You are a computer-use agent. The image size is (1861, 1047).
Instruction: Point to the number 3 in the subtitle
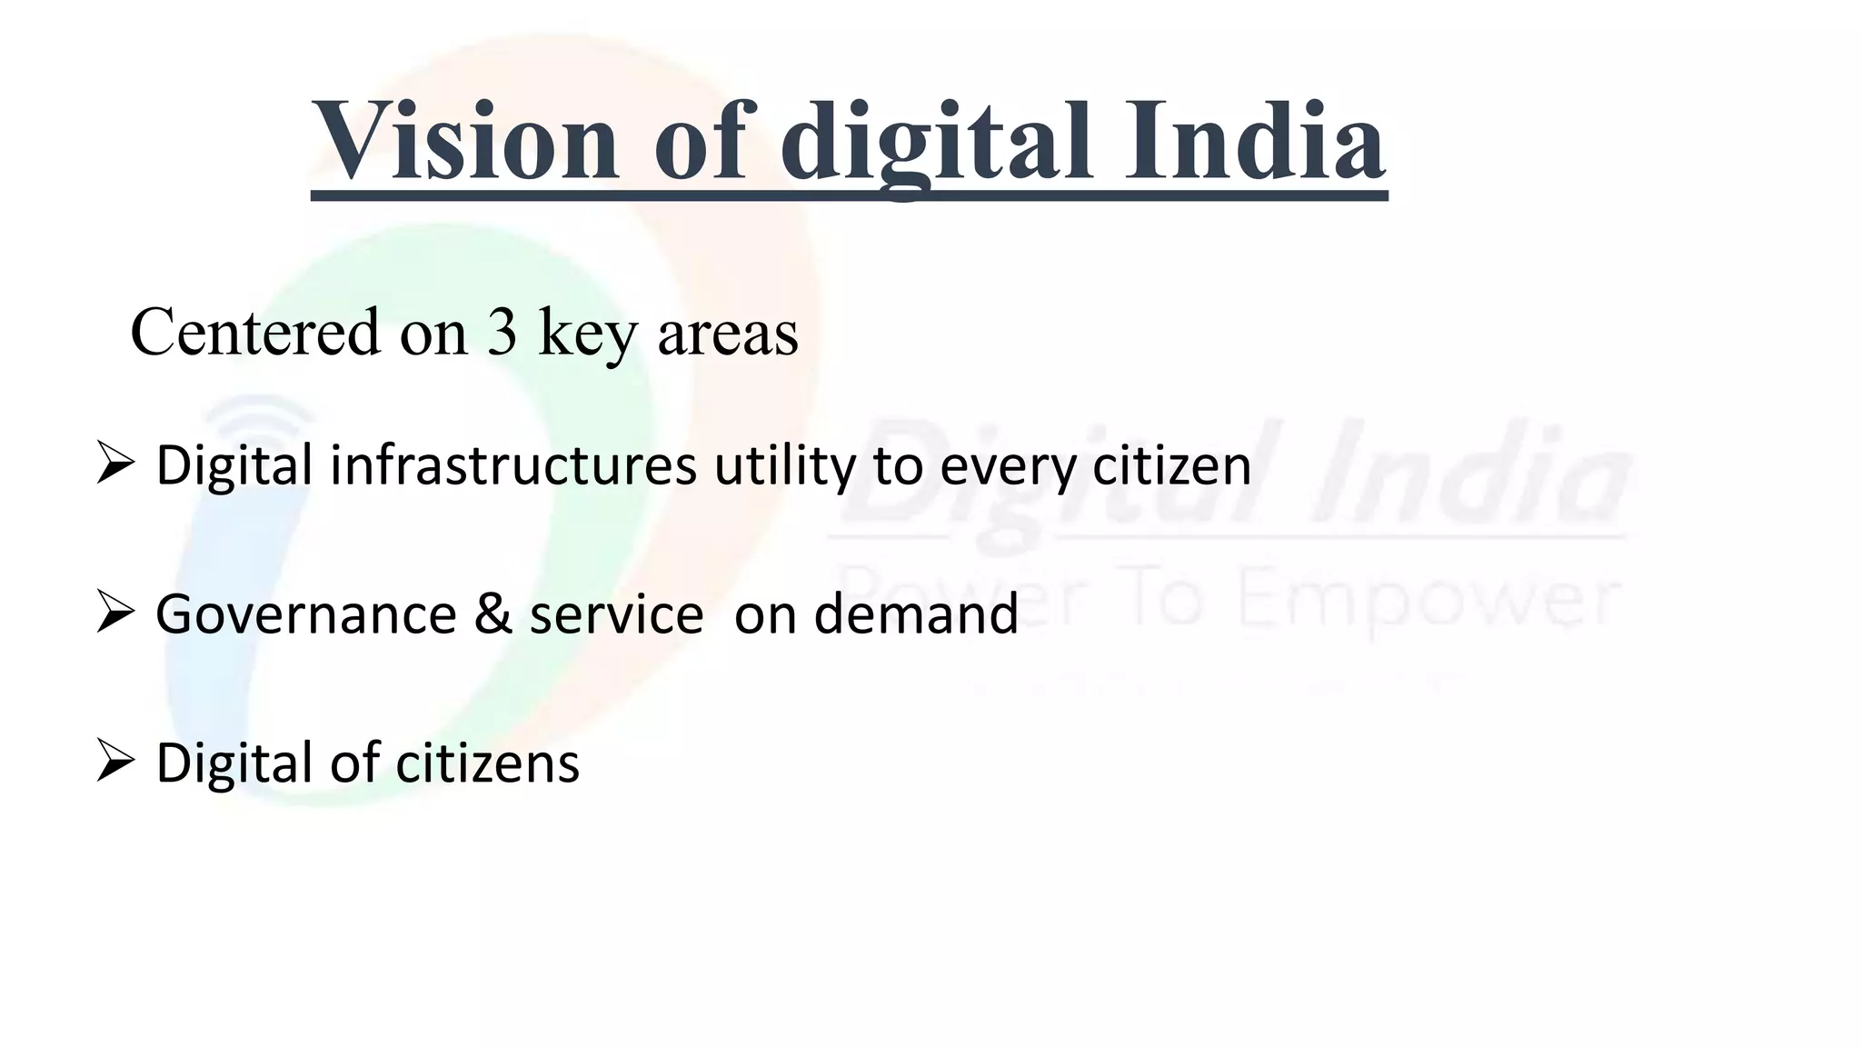tap(502, 332)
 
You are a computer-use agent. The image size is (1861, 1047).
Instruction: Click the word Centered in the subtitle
tap(255, 332)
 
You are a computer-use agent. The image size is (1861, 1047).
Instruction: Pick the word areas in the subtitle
tap(728, 334)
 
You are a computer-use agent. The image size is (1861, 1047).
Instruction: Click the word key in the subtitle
tap(588, 334)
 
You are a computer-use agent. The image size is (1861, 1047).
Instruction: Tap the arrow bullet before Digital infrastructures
tap(115, 464)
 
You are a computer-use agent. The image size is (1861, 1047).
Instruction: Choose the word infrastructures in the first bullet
tap(513, 465)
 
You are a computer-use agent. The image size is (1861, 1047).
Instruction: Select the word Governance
tap(306, 614)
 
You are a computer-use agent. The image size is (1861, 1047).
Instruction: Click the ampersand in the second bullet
tap(493, 614)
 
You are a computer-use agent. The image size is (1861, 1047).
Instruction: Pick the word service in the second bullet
tap(616, 614)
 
